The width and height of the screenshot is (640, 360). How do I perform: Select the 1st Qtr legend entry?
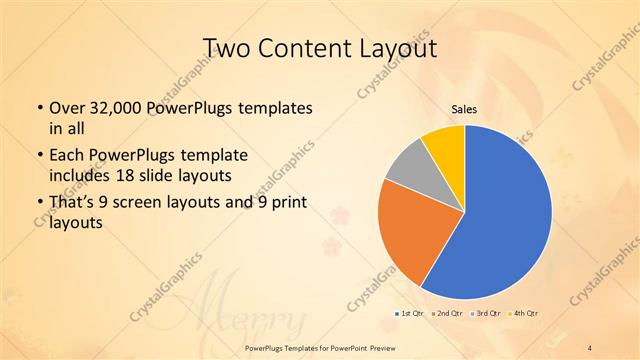click(409, 314)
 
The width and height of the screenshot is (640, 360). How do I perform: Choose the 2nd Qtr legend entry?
click(447, 314)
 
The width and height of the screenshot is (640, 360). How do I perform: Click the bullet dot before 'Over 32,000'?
click(38, 108)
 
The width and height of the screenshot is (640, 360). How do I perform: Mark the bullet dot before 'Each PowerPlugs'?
click(38, 156)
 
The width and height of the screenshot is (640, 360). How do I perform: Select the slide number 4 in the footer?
click(590, 347)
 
